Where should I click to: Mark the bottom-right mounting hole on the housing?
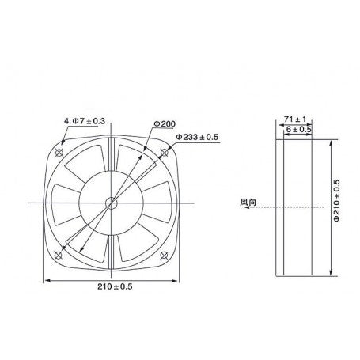pos(164,254)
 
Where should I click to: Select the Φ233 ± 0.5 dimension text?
pos(197,137)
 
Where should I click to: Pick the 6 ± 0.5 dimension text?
pos(299,128)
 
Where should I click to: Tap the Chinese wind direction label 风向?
pos(247,202)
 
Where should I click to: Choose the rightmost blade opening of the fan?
pos(157,204)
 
